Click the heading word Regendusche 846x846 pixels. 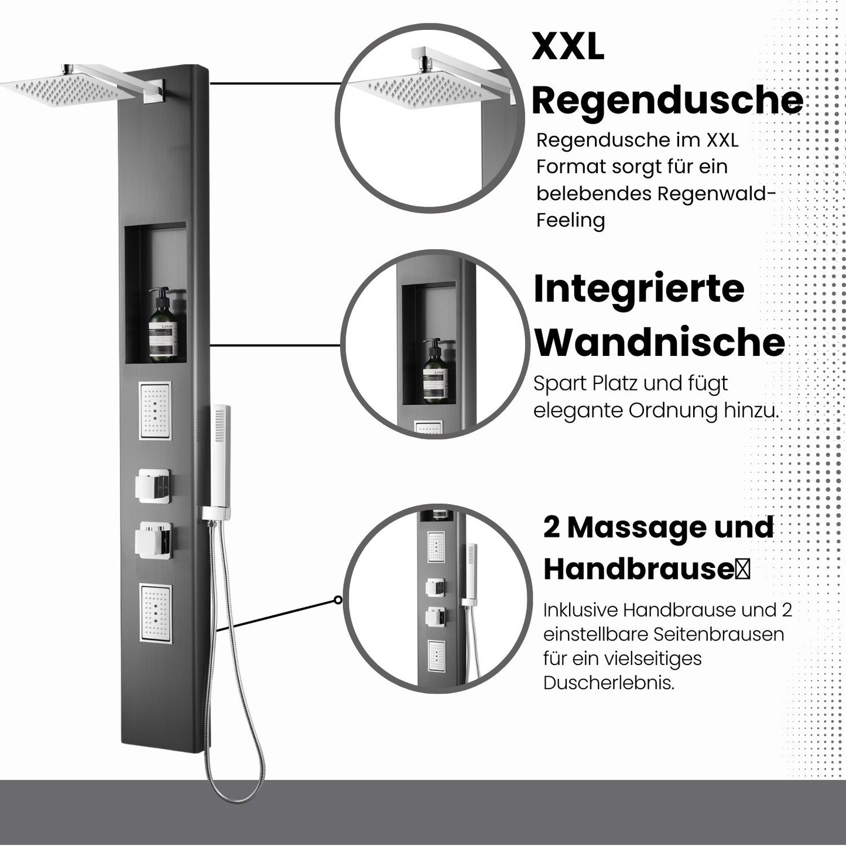click(x=667, y=101)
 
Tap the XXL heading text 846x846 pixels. click(x=568, y=47)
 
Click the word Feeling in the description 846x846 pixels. click(x=570, y=221)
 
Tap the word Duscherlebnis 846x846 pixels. click(x=608, y=683)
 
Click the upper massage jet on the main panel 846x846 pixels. click(x=155, y=410)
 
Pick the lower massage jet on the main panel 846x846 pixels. click(x=156, y=613)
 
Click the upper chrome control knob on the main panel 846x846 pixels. click(x=154, y=485)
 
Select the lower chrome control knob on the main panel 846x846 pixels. click(x=154, y=539)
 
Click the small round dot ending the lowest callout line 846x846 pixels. click(x=338, y=600)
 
